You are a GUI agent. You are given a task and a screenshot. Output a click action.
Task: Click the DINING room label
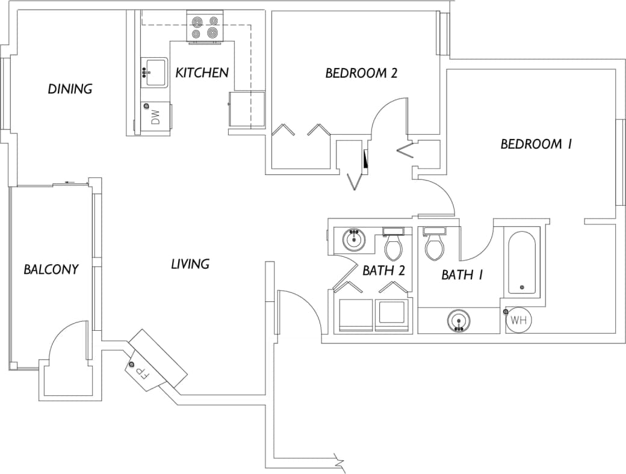click(x=70, y=89)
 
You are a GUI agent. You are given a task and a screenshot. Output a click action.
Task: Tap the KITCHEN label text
click(x=202, y=73)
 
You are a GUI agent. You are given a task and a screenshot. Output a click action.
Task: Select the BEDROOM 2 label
click(x=361, y=73)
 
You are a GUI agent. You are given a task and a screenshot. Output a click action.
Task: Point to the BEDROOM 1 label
click(x=535, y=144)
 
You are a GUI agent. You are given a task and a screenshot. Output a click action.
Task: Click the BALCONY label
click(x=51, y=269)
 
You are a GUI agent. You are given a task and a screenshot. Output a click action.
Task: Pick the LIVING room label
click(x=190, y=264)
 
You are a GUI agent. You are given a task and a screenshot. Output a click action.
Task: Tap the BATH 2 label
click(x=383, y=271)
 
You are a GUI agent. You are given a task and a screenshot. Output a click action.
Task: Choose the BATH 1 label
click(x=462, y=275)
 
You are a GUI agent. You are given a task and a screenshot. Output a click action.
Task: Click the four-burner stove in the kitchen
click(x=205, y=27)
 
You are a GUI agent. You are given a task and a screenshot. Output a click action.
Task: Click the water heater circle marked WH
click(x=518, y=321)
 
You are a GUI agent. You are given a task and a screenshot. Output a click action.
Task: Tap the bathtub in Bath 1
click(x=522, y=263)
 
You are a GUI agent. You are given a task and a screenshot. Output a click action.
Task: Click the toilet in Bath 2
click(x=394, y=245)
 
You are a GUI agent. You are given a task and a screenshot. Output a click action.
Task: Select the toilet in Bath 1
click(x=434, y=245)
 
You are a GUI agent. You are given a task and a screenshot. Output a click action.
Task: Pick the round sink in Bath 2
click(x=355, y=240)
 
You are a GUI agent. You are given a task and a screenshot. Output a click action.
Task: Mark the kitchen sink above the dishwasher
click(x=155, y=72)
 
